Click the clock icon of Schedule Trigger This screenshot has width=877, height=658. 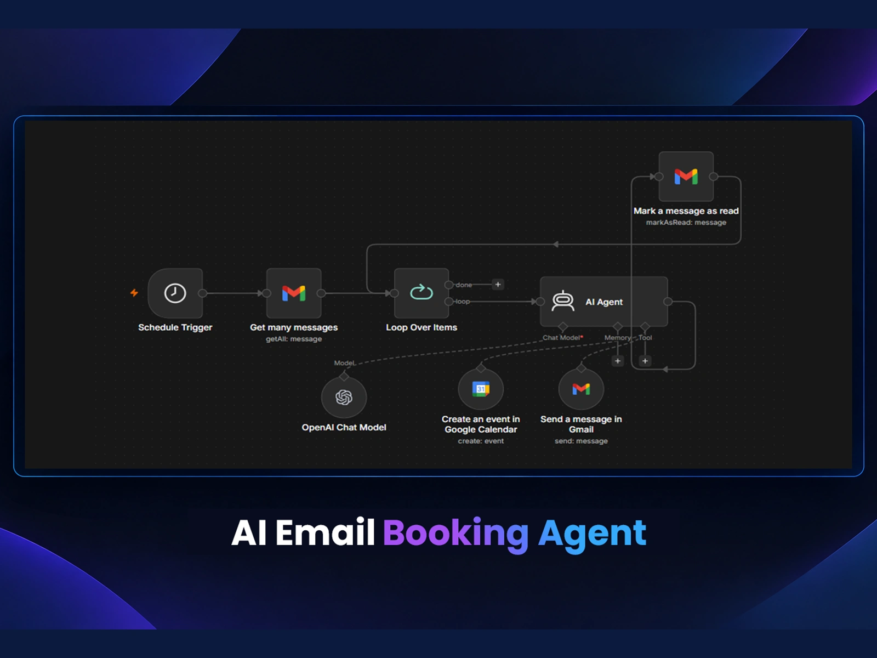pos(175,293)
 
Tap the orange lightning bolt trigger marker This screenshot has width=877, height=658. pos(134,293)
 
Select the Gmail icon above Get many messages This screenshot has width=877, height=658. pos(294,293)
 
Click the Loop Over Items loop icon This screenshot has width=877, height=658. pos(422,292)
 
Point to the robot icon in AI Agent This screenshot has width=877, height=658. pos(563,301)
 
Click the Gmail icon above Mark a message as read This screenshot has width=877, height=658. pos(686,176)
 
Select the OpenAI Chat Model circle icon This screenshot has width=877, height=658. pos(344,397)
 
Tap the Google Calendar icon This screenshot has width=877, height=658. pos(481,389)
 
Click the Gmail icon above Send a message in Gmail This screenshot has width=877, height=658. pos(581,389)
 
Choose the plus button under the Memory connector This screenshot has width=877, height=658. pos(618,361)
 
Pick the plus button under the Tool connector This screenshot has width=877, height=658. pos(645,361)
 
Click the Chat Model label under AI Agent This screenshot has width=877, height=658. pos(561,338)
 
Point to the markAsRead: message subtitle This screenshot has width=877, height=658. pos(686,223)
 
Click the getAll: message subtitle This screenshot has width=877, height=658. pos(294,339)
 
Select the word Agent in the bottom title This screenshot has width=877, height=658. pos(592,534)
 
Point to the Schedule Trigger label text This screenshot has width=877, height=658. pos(175,327)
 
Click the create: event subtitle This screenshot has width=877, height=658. pos(481,441)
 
